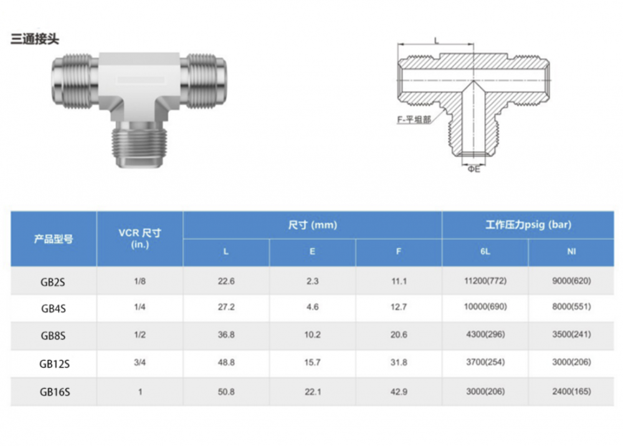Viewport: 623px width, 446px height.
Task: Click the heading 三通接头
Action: (x=35, y=39)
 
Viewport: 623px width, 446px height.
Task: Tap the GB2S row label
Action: (x=53, y=282)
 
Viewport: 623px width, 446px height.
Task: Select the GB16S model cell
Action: (x=55, y=392)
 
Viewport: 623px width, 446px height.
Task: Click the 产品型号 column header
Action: (x=54, y=239)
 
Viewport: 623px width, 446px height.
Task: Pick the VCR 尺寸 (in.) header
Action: (x=140, y=239)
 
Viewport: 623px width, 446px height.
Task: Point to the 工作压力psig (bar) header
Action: (x=528, y=225)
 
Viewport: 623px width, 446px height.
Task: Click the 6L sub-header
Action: (x=485, y=252)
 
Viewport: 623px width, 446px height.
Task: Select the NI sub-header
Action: (x=571, y=252)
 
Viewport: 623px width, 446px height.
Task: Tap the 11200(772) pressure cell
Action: (x=485, y=281)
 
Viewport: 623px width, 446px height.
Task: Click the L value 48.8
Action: (x=226, y=362)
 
